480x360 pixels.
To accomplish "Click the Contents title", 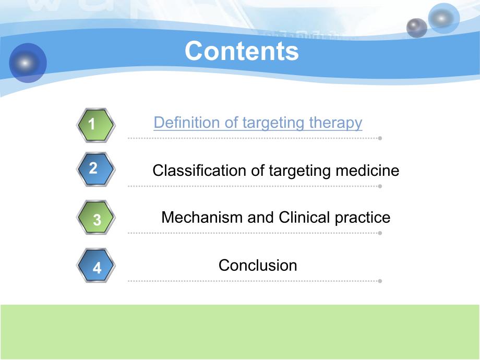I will point(242,51).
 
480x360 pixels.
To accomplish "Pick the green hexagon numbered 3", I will point(95,218).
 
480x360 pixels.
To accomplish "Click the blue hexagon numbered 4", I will point(95,266).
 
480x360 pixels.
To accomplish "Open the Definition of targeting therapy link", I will point(258,123).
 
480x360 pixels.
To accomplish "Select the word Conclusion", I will point(258,265).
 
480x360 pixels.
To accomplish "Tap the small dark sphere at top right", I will point(416,28).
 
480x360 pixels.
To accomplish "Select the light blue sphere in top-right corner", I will point(443,18).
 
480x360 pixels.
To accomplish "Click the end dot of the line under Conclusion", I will point(380,281).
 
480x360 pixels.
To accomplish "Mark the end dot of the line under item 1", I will point(380,138).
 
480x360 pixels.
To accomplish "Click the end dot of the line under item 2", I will point(380,186).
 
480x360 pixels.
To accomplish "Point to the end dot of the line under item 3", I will point(380,233).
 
